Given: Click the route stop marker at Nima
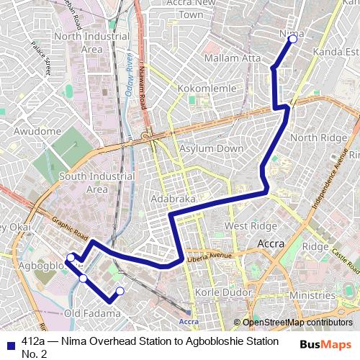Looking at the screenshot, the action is (292, 40).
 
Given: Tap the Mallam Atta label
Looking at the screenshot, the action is (231, 58).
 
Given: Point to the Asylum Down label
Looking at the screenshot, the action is (211, 148).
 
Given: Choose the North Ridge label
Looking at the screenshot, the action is (314, 138).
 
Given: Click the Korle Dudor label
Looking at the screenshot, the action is (221, 294).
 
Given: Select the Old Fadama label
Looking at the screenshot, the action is (92, 313).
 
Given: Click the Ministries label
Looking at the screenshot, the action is (312, 296).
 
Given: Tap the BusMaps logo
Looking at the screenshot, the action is (325, 344).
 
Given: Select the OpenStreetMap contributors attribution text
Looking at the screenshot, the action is (297, 322).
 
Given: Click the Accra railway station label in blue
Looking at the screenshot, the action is (189, 321).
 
